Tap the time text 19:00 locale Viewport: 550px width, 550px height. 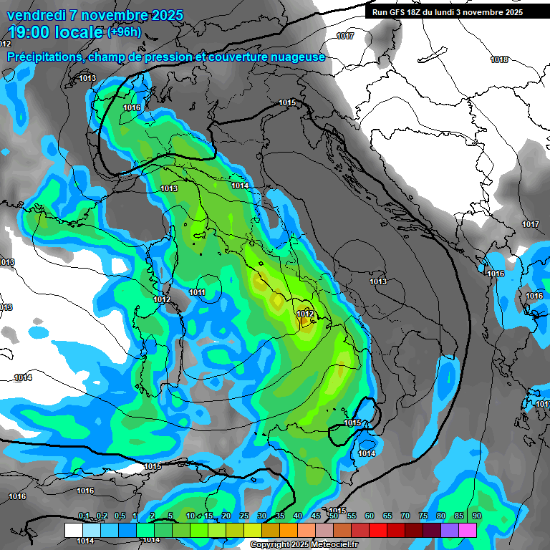55,32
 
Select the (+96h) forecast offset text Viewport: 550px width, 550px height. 125,32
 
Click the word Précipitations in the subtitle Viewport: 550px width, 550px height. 47,57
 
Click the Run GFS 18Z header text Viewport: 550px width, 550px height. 398,12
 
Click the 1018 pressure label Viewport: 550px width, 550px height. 499,59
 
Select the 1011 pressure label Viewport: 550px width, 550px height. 198,292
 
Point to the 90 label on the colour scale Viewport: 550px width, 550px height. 477,516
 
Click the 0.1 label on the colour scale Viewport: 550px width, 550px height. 84,516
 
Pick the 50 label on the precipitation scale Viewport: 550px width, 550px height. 333,516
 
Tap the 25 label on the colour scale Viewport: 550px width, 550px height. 243,516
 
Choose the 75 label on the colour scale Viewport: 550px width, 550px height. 423,516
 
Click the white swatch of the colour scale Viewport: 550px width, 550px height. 73,530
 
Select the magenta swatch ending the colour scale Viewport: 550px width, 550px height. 468,530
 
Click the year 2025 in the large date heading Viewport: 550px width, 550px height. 165,15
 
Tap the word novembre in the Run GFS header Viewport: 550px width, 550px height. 483,12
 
